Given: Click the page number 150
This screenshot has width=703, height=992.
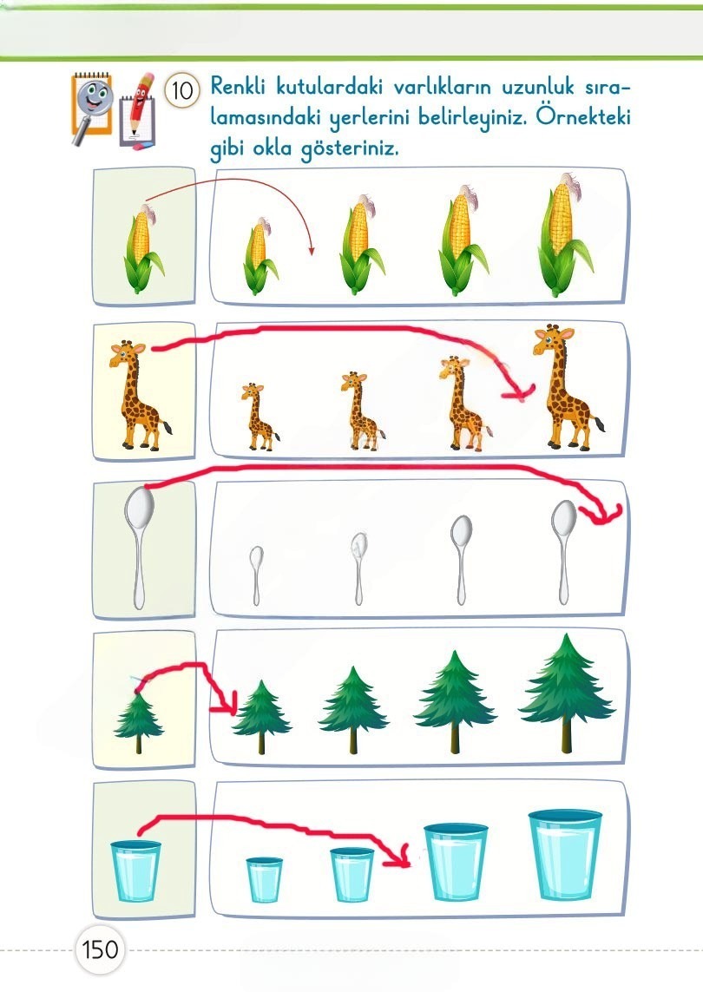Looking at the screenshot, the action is tap(100, 949).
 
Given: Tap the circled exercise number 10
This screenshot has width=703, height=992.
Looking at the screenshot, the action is tap(182, 90).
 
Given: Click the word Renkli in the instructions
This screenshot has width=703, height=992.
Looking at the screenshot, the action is tap(237, 85).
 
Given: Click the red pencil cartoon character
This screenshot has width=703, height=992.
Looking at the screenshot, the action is tap(137, 111).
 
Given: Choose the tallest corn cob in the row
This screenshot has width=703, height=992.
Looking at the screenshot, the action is tap(563, 234).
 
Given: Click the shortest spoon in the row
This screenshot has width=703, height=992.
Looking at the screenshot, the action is tap(256, 575).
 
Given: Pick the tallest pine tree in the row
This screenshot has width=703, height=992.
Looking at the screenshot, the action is tap(567, 693).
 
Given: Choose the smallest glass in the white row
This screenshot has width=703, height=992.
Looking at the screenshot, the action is tap(264, 879).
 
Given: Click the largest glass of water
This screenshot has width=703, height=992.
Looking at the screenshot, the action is tap(565, 854).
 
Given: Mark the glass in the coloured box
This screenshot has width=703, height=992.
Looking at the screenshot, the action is tap(136, 870).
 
